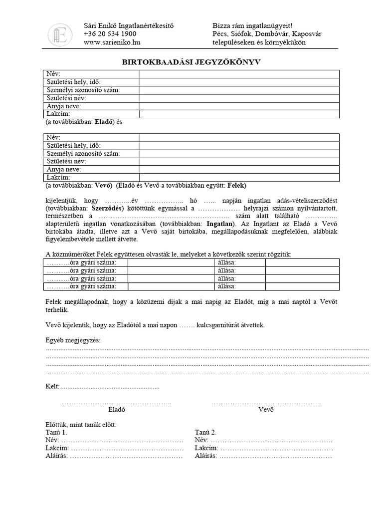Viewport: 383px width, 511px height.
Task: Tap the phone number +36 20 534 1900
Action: (x=110, y=34)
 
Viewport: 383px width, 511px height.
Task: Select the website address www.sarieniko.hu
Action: (x=112, y=42)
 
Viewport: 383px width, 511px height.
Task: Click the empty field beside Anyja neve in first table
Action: (x=239, y=106)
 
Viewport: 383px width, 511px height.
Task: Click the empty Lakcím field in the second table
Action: (x=239, y=178)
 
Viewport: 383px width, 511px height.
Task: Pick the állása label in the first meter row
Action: (x=227, y=262)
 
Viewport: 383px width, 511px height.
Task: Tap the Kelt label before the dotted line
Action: (x=52, y=386)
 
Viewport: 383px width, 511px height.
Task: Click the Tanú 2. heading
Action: (x=206, y=433)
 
